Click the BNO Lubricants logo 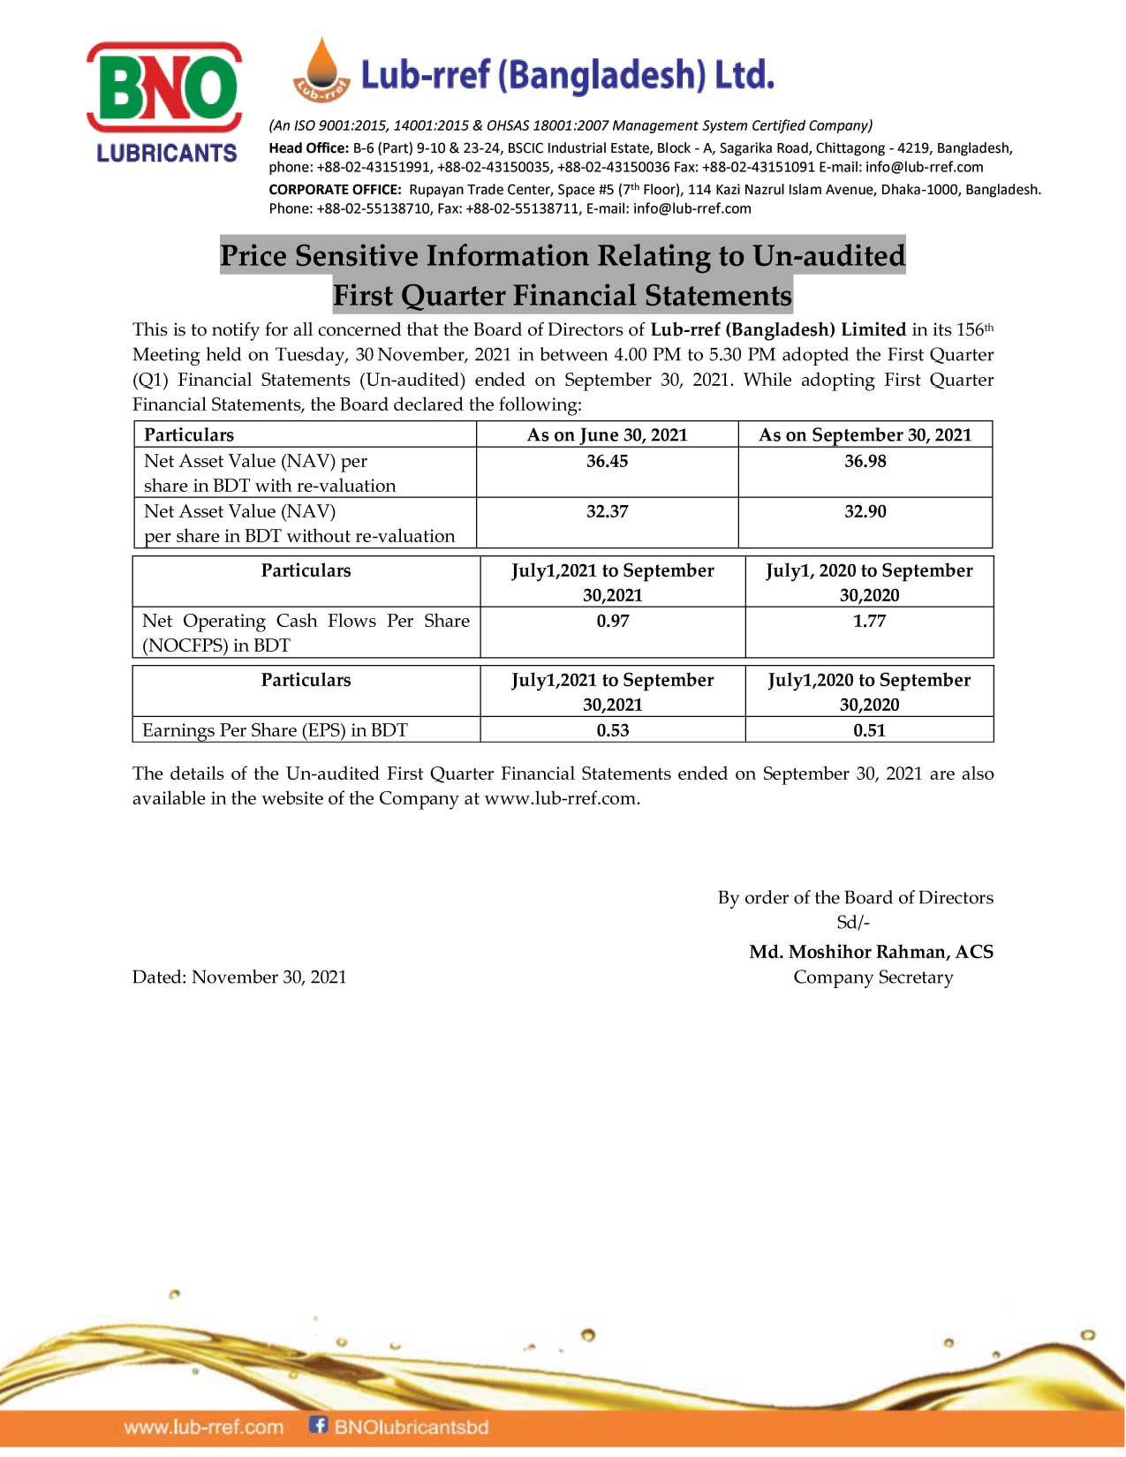(x=164, y=102)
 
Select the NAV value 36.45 (x=607, y=462)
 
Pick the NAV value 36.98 (x=865, y=462)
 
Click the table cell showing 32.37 (x=607, y=512)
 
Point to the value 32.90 (x=865, y=512)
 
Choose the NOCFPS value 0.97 (x=612, y=622)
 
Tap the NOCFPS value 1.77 (x=869, y=622)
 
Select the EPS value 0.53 (x=612, y=731)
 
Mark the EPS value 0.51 (x=869, y=731)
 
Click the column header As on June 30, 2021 (x=607, y=435)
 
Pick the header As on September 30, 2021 (x=865, y=435)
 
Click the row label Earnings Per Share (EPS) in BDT (x=275, y=731)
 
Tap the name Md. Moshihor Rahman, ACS (x=871, y=952)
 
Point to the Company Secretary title (x=873, y=978)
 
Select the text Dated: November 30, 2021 (x=239, y=978)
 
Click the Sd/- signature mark (x=853, y=923)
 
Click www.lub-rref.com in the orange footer (x=204, y=1427)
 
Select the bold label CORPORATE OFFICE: (x=335, y=190)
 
